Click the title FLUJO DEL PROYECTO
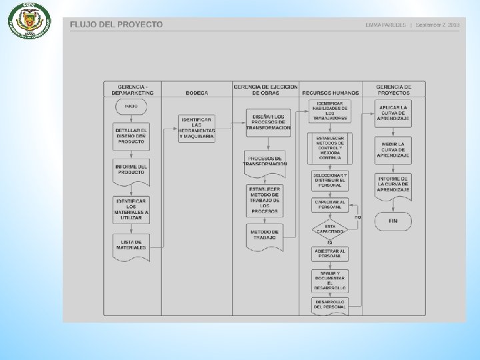coord(116,25)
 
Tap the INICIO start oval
coord(131,106)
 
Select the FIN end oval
coord(393,221)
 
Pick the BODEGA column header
coord(197,93)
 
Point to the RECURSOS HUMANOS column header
coord(330,93)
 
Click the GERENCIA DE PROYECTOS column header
coord(393,89)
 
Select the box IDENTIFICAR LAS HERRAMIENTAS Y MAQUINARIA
coord(197,129)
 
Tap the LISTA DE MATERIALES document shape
coord(131,245)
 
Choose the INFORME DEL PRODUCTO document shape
coord(131,171)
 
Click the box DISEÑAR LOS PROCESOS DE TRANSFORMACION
coord(267,123)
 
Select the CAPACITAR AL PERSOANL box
coord(330,205)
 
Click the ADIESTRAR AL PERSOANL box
coord(330,254)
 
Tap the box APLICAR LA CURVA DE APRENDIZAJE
coord(393,114)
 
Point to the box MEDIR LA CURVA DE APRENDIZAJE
coord(393,150)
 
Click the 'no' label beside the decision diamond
coord(358,217)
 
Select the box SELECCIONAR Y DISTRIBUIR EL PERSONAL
coord(330,180)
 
